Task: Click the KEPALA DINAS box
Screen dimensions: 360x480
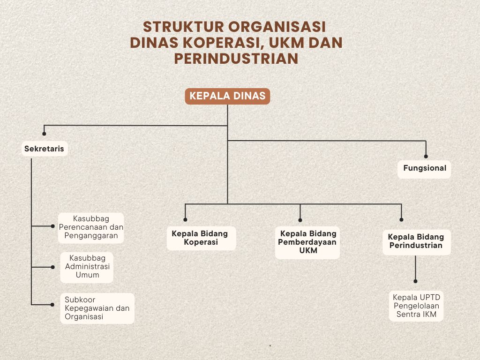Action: click(227, 97)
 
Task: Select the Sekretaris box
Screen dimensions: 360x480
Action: click(45, 149)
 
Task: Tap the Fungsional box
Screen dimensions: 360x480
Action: click(424, 168)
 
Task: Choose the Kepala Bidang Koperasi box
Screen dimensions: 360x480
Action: click(201, 238)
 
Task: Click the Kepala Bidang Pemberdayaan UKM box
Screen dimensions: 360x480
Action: click(307, 242)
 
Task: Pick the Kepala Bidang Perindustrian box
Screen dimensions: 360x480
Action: click(416, 241)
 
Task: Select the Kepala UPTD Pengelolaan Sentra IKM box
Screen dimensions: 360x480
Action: click(416, 306)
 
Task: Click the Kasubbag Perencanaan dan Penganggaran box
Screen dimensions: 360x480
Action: click(91, 227)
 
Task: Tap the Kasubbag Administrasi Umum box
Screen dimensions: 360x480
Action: click(87, 267)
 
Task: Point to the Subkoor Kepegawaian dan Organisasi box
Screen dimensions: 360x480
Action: click(97, 308)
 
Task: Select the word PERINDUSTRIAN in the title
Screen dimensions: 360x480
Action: click(236, 58)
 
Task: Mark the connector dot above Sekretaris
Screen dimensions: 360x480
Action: click(44, 134)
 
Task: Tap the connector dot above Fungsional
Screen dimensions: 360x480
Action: click(426, 157)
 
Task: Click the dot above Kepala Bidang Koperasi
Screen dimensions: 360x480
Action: click(185, 219)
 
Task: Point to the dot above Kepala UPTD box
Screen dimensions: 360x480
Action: click(416, 281)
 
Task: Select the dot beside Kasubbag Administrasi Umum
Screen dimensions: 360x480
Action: click(52, 267)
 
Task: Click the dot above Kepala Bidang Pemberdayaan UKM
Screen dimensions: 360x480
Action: click(300, 219)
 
